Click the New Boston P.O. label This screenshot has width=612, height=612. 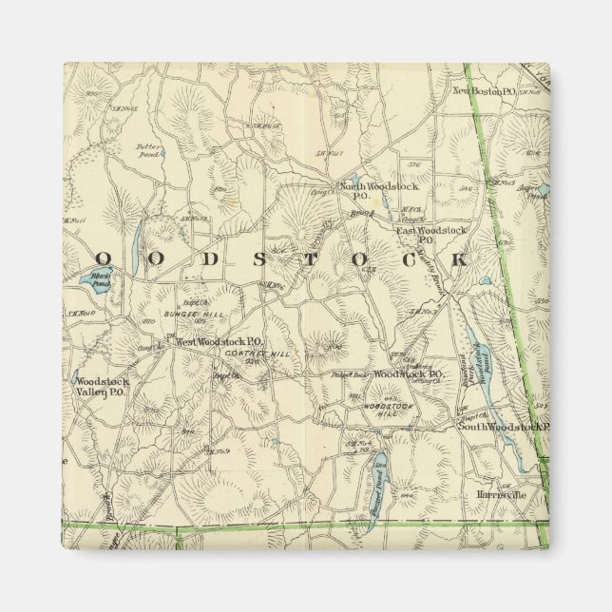click(483, 91)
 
